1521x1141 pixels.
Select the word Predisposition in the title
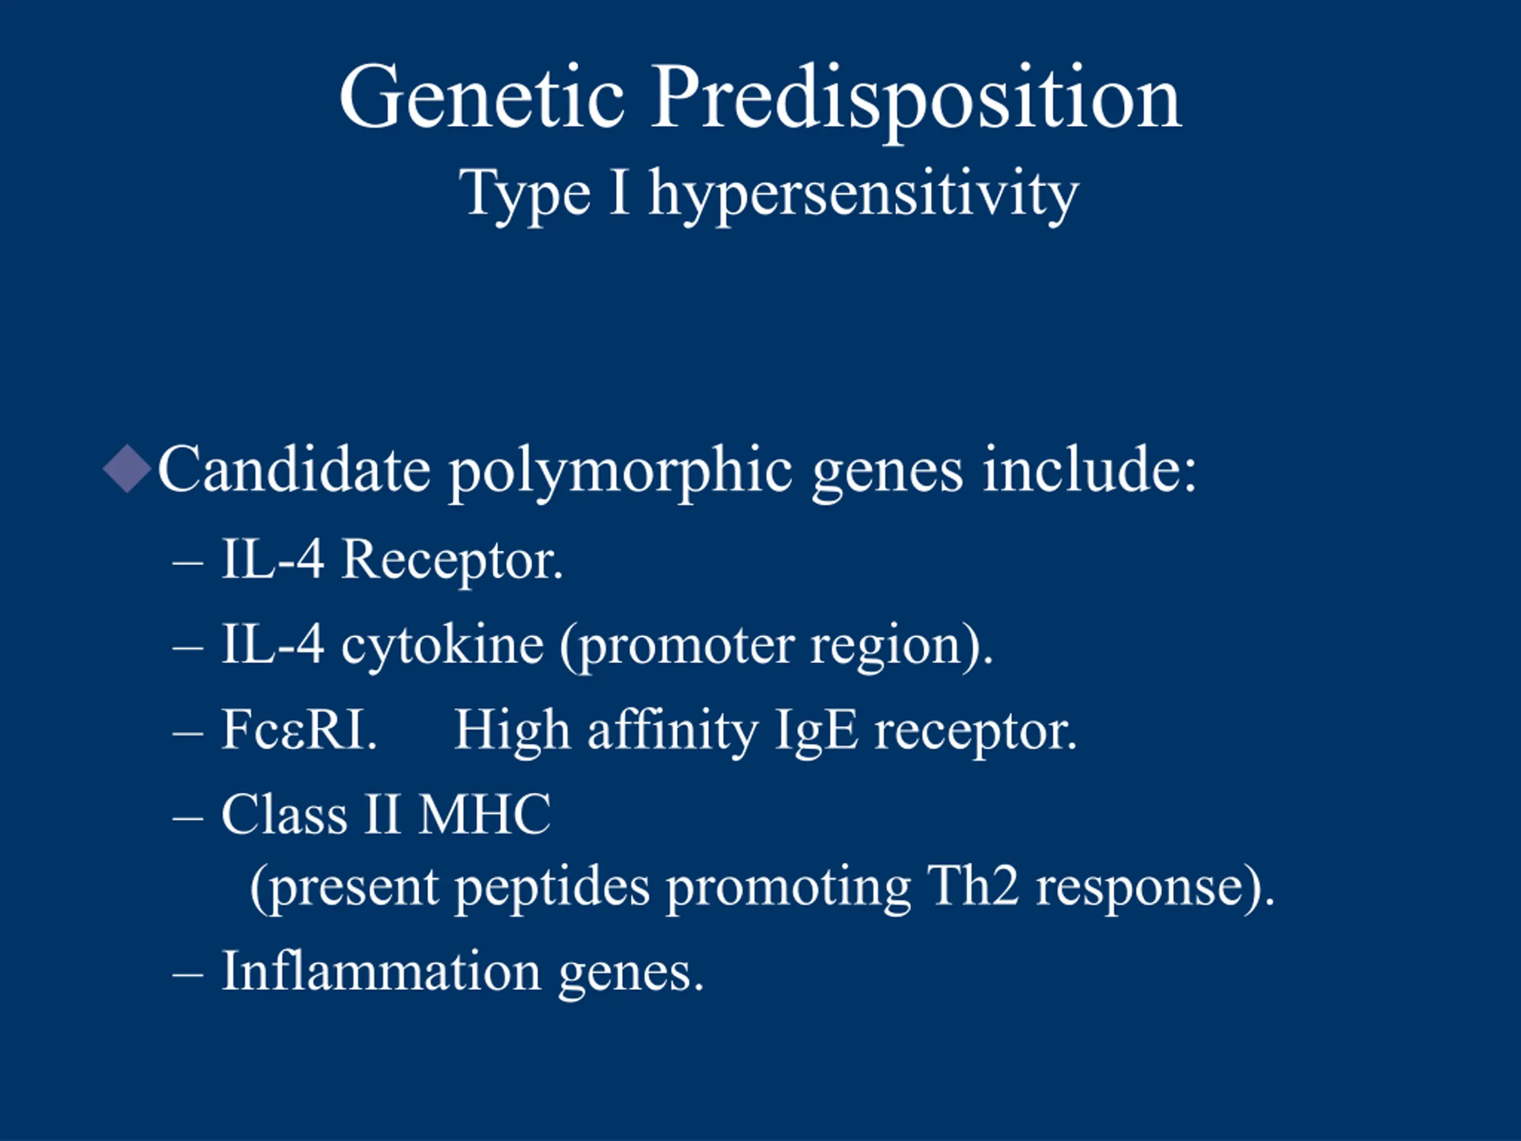[x=917, y=103]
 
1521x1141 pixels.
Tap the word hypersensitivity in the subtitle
[x=864, y=196]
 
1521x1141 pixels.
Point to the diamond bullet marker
[x=127, y=468]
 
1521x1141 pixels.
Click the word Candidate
[x=294, y=469]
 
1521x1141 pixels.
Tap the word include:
[x=1089, y=469]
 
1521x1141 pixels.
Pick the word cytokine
[x=443, y=648]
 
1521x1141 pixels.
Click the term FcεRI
[x=299, y=730]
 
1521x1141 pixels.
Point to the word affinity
[x=672, y=733]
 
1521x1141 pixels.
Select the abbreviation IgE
[x=816, y=733]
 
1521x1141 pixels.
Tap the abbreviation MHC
[x=485, y=815]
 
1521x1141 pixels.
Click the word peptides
[x=553, y=889]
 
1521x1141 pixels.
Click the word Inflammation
[x=381, y=971]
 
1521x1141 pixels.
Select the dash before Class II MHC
[x=188, y=819]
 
